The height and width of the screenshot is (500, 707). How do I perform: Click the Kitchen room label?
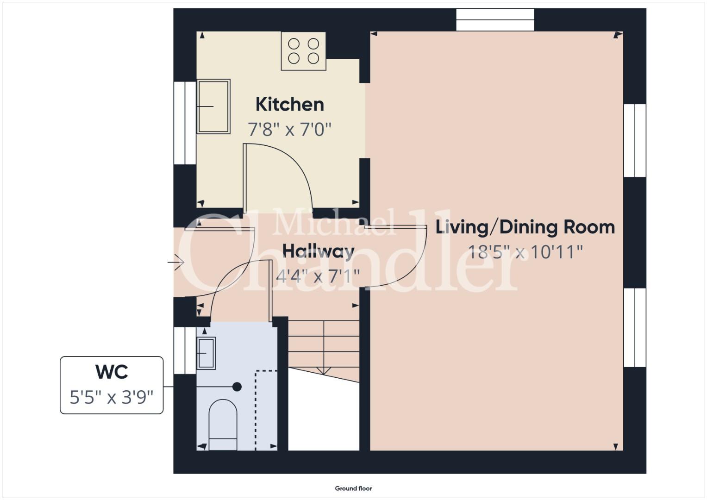click(x=290, y=104)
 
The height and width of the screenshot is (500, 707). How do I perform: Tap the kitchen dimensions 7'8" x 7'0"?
click(x=289, y=130)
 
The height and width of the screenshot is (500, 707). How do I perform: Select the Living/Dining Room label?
click(x=525, y=228)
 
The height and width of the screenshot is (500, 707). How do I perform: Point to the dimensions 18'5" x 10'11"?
click(x=525, y=252)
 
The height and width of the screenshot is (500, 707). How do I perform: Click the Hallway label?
click(x=318, y=251)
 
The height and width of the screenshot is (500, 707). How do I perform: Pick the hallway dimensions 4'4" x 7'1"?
click(x=318, y=276)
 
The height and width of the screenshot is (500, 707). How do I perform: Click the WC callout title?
click(x=112, y=372)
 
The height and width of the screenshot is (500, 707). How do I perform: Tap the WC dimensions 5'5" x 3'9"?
click(x=112, y=397)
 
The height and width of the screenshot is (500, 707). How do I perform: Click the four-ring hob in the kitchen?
click(x=304, y=51)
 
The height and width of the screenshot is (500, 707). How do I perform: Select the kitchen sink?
click(x=213, y=106)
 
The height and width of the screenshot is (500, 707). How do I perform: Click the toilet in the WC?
click(x=223, y=425)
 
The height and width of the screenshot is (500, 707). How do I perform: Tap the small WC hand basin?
click(x=206, y=353)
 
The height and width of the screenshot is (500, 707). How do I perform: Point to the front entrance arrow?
click(x=176, y=262)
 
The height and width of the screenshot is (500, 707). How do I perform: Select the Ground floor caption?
click(x=354, y=488)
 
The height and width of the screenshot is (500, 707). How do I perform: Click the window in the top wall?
click(x=495, y=19)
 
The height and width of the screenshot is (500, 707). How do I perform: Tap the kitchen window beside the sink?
click(x=185, y=123)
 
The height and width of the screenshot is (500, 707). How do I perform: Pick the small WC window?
click(x=185, y=351)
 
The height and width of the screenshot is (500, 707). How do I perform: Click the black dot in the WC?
click(x=237, y=387)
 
